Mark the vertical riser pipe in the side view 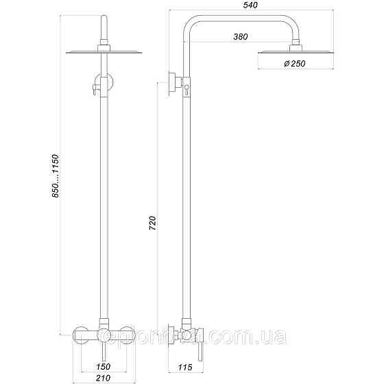click(186, 206)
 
